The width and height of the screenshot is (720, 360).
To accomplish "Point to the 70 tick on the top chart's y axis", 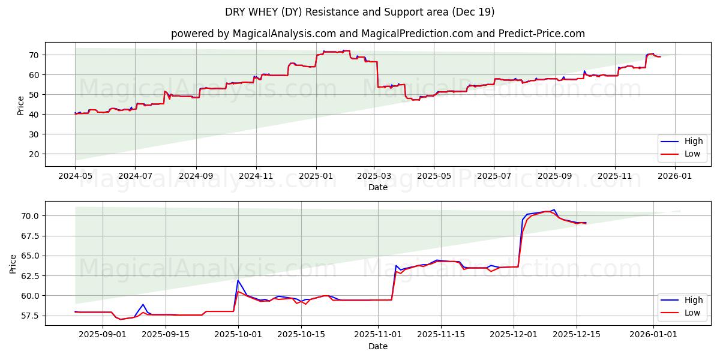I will point(34,55).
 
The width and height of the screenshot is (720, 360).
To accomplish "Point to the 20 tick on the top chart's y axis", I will point(34,154).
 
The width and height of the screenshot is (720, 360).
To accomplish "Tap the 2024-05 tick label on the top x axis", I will point(75,176).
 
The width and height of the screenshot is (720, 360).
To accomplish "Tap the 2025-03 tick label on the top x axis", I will point(374,176).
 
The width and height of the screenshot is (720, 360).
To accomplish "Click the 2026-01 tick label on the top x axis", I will point(675,176).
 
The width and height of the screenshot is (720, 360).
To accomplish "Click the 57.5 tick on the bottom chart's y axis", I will point(30,316).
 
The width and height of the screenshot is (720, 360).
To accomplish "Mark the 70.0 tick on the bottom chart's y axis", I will point(30,216).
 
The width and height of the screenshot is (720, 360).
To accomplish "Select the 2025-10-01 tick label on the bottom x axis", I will point(238,335).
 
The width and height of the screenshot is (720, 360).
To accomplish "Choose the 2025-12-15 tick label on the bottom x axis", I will point(577,335).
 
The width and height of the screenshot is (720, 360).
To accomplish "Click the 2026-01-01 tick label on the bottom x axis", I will point(653,335).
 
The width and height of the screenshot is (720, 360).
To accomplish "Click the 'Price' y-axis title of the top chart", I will point(21,106).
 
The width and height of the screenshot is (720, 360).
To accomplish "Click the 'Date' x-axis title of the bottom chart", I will point(377,346).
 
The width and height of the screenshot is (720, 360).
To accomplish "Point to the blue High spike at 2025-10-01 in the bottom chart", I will point(238,280).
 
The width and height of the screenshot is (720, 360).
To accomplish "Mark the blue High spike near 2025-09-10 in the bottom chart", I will point(143,305).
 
